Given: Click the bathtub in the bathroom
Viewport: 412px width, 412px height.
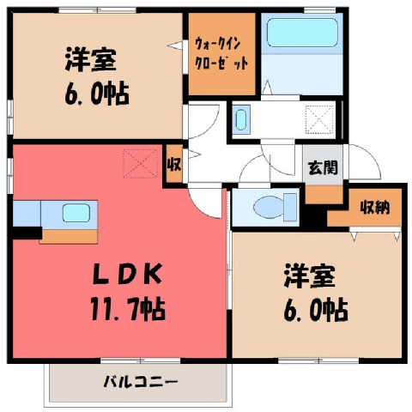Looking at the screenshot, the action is click(302, 33).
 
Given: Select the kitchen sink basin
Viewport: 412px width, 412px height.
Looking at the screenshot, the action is click(76, 213).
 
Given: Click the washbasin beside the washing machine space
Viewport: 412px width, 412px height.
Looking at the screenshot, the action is click(240, 119).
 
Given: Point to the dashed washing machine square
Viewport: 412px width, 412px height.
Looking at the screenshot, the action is click(319, 119).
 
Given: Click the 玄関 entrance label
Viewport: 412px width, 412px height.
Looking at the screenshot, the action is click(323, 167).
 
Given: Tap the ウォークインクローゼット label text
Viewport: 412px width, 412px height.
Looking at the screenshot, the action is click(221, 54).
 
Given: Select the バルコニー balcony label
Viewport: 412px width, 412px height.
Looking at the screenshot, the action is click(141, 381).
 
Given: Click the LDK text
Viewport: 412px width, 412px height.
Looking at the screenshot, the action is click(128, 275).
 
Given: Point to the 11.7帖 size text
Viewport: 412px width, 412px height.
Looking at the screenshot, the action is click(128, 309).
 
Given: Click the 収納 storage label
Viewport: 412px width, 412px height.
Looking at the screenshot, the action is click(375, 207).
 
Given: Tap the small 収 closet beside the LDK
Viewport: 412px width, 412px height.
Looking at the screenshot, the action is click(174, 164).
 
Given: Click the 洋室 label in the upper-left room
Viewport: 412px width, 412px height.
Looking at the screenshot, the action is click(91, 59).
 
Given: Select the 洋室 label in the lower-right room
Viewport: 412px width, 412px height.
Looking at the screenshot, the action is click(309, 276).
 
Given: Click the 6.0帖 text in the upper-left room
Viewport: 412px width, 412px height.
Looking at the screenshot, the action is click(97, 94).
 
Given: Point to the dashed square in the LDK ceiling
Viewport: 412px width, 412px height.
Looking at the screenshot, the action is click(141, 163).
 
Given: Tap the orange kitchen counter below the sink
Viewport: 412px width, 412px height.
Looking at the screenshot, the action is click(69, 236).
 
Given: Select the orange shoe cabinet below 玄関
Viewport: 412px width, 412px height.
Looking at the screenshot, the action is click(324, 195).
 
